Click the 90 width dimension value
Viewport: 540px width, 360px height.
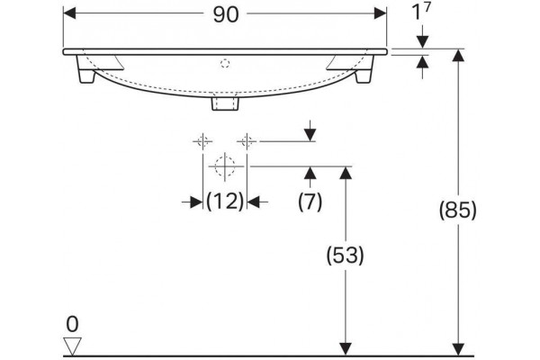226,14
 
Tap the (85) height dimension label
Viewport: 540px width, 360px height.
458,210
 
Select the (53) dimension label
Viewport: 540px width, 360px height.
345,255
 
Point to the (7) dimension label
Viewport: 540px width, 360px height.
310,202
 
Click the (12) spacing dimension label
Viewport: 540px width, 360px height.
225,201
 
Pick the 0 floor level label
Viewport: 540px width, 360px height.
72,324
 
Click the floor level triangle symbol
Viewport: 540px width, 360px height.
72,346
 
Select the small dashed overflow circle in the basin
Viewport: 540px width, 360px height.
225,63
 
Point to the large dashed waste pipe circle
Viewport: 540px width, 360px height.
225,166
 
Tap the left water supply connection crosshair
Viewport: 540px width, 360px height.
202,141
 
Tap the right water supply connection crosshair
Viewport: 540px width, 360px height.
247,141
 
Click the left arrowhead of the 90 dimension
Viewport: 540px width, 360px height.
69,13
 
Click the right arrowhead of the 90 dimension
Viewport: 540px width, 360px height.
381,13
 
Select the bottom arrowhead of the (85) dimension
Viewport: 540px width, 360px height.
458,349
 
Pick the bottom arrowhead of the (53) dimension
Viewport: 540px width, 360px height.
346,349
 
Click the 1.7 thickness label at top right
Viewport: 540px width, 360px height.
421,11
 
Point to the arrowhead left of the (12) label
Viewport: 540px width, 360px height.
196,202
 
